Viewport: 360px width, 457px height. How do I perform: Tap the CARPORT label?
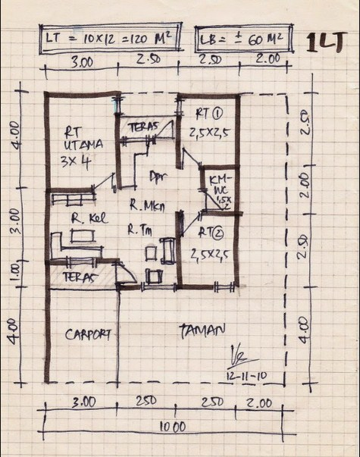[x=89, y=333]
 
